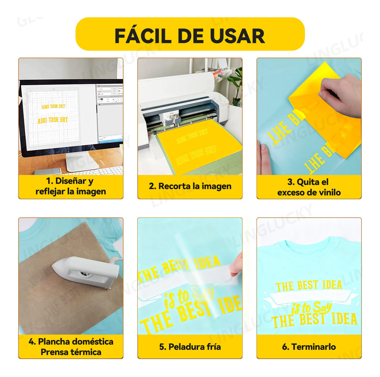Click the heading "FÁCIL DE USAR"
tap(190, 35)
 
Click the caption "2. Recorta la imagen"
tap(190, 186)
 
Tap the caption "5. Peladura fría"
tap(190, 347)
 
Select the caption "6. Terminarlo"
tap(309, 347)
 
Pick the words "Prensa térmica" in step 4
tap(71, 352)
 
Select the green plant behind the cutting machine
tap(236, 82)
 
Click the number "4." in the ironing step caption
tap(32, 342)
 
